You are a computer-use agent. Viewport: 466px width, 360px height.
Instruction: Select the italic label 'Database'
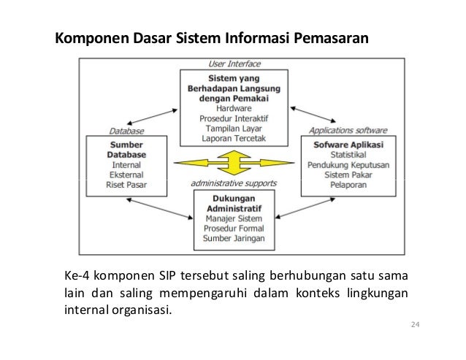126,131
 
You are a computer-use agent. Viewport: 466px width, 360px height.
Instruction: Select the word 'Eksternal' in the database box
126,175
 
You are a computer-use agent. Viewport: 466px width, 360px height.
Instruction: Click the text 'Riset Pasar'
126,185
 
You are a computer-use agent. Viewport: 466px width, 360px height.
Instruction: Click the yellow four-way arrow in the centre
234,162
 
